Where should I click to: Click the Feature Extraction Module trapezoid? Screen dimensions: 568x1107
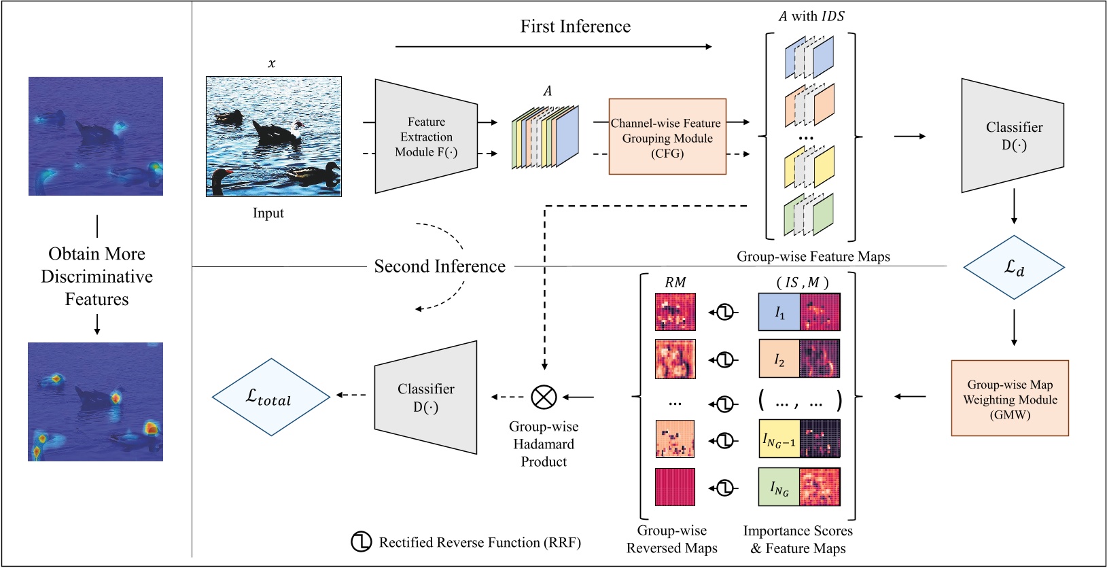426,137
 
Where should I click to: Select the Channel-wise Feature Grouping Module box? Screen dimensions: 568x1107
667,137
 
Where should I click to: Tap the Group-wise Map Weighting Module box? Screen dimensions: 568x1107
1010,398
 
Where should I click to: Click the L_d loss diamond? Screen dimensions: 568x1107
1014,268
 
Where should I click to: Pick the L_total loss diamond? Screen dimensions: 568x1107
270,397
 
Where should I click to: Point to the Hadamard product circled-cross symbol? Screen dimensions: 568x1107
544,397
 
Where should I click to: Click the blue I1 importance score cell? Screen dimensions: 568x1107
779,313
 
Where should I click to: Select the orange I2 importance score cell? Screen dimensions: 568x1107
779,359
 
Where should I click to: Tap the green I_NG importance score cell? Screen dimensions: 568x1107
779,487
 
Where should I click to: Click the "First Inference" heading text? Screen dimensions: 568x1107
575,26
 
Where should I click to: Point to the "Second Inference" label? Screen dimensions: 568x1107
440,266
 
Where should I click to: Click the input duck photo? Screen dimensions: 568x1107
274,137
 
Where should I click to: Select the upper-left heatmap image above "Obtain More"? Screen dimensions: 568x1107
96,137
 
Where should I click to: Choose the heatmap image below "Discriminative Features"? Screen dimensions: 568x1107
96,402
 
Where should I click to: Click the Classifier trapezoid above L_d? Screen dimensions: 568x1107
1013,136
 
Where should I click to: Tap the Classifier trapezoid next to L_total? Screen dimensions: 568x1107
426,397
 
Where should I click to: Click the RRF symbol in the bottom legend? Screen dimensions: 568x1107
361,542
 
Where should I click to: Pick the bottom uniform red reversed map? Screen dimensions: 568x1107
675,487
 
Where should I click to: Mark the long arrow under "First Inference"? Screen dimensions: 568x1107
553,46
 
